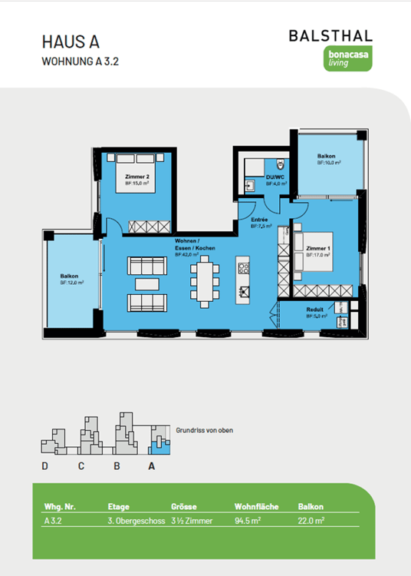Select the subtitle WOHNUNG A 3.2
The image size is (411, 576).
(x=81, y=61)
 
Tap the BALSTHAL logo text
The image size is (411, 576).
(x=330, y=36)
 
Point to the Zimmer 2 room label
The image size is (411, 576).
(x=136, y=178)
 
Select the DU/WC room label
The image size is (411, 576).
(x=275, y=181)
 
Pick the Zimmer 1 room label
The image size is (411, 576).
(x=317, y=251)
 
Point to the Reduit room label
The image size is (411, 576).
(x=315, y=310)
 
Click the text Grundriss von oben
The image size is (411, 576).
(x=204, y=430)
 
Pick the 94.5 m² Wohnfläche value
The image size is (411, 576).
(x=248, y=521)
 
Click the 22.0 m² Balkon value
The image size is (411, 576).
(x=311, y=521)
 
